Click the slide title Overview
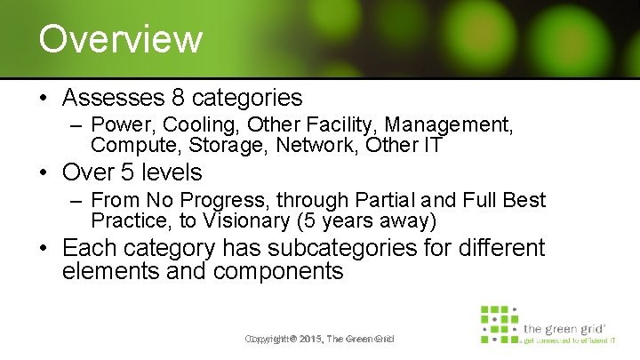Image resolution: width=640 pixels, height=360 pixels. tap(121, 39)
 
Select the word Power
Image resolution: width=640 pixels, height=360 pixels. tap(118, 126)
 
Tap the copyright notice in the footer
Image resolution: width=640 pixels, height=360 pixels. tap(319, 339)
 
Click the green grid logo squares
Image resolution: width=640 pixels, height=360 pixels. tap(499, 324)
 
